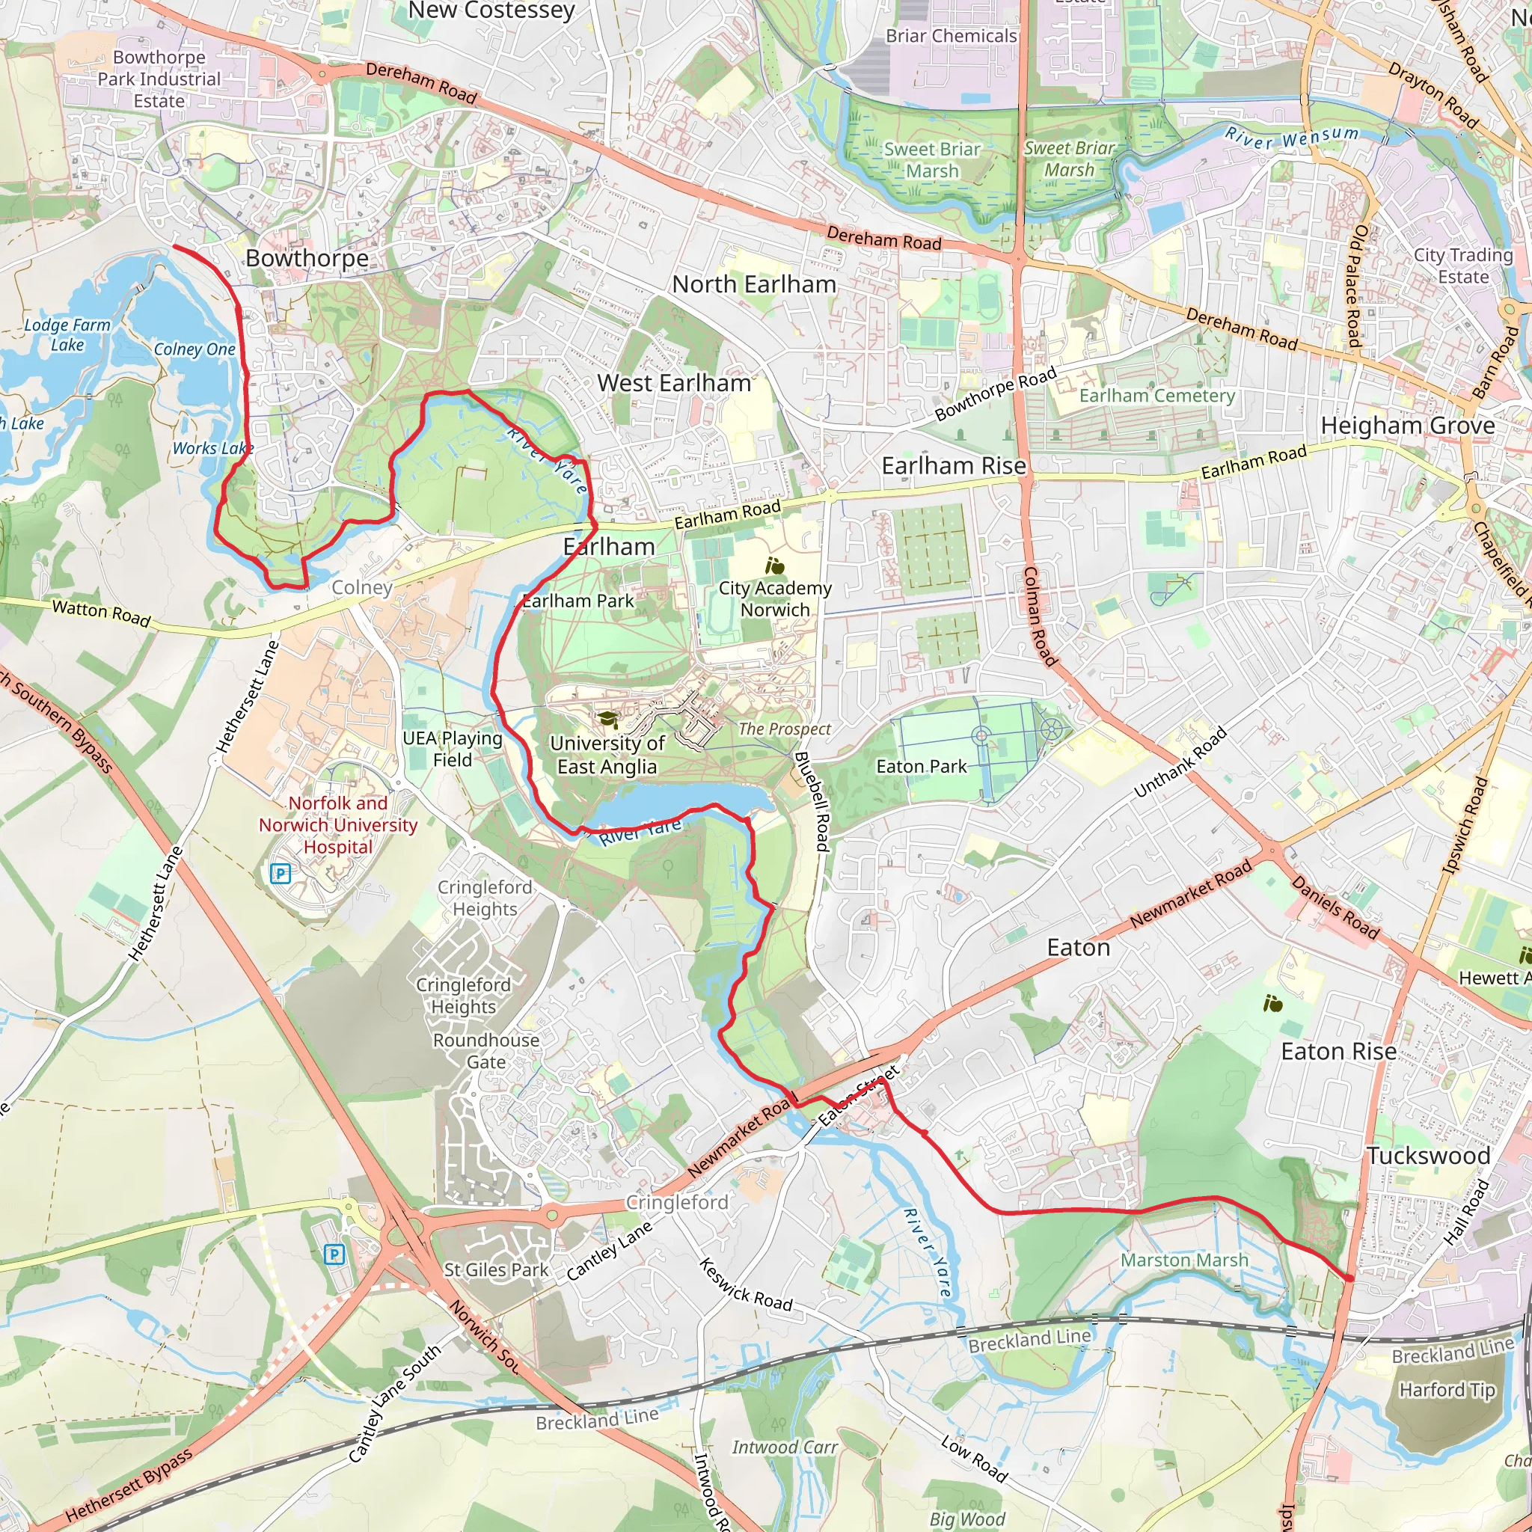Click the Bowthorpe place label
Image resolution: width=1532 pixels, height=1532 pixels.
(x=307, y=259)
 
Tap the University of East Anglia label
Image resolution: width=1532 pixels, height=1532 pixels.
(x=607, y=755)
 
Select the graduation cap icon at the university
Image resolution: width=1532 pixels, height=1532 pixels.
(x=608, y=719)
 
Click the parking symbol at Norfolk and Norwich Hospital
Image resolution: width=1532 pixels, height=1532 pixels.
(x=281, y=874)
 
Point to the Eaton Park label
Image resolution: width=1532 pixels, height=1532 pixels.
(x=921, y=767)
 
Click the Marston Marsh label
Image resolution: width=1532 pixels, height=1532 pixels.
(x=1184, y=1260)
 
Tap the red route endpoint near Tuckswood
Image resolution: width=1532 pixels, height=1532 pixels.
(x=1349, y=1278)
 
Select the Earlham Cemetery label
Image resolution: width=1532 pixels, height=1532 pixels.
(x=1156, y=396)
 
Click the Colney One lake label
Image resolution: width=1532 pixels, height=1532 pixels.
(x=194, y=349)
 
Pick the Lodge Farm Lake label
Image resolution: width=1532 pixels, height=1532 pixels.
(x=67, y=334)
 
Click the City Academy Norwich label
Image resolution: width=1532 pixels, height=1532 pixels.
(x=775, y=598)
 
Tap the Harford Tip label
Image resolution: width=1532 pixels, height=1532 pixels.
(x=1447, y=1390)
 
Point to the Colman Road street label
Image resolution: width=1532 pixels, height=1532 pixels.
(x=1040, y=616)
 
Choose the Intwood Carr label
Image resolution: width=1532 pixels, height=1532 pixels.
(x=784, y=1447)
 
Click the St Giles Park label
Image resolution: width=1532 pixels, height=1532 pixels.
(x=496, y=1269)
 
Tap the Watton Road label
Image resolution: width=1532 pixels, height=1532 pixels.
(x=101, y=613)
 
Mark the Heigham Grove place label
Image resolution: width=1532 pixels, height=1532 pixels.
(x=1407, y=426)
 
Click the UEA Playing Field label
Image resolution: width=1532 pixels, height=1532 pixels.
(x=452, y=749)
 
